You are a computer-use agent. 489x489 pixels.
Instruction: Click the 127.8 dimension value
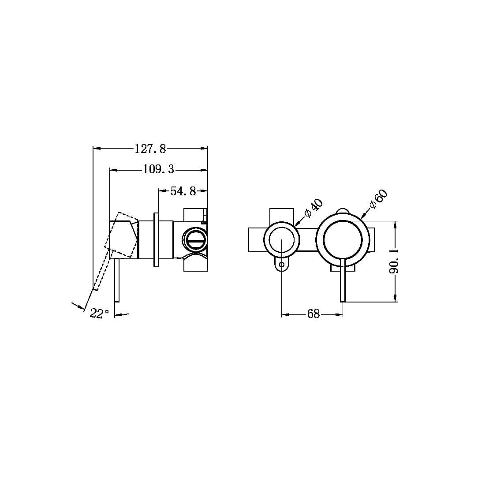tap(150, 149)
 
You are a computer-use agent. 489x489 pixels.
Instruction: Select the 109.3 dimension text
tap(158, 169)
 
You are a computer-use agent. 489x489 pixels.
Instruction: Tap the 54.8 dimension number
tap(183, 191)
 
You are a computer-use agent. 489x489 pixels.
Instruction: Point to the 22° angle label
tap(99, 314)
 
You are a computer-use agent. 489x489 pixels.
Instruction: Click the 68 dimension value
tap(313, 314)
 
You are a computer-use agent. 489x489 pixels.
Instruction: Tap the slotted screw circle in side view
tap(194, 240)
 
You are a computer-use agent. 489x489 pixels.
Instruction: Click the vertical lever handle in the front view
tap(343, 282)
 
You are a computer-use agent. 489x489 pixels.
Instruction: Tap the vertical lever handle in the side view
tap(116, 282)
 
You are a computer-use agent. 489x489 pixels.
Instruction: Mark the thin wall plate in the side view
tap(156, 240)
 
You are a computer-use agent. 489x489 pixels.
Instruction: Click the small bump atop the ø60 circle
tap(343, 210)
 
